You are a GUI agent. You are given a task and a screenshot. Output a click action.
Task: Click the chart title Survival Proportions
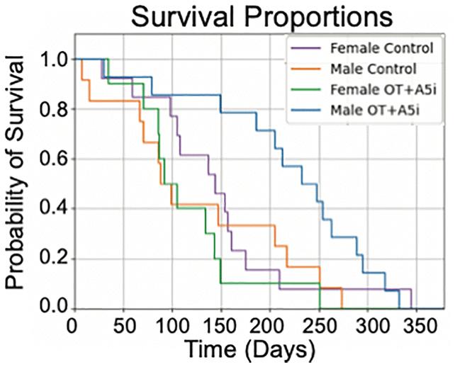[x=262, y=17]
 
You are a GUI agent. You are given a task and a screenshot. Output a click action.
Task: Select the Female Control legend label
[x=382, y=48]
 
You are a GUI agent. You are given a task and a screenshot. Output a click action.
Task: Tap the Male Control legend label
[x=373, y=69]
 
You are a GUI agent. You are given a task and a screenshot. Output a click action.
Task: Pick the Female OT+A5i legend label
[x=383, y=89]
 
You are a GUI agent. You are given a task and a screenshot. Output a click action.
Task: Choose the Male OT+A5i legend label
[x=375, y=110]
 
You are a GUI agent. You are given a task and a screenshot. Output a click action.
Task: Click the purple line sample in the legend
[x=306, y=48]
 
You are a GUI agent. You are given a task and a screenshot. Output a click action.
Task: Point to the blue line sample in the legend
[x=306, y=110]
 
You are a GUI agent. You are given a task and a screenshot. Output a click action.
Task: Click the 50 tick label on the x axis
[x=124, y=326]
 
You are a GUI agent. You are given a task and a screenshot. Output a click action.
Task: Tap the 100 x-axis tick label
[x=172, y=326]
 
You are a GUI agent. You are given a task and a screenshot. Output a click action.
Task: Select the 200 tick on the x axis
[x=270, y=326]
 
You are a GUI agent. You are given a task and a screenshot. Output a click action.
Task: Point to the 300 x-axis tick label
[x=368, y=326]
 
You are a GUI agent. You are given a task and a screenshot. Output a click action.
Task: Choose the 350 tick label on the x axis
[x=417, y=326]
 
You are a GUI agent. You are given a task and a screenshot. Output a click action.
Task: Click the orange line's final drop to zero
[x=342, y=298]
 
